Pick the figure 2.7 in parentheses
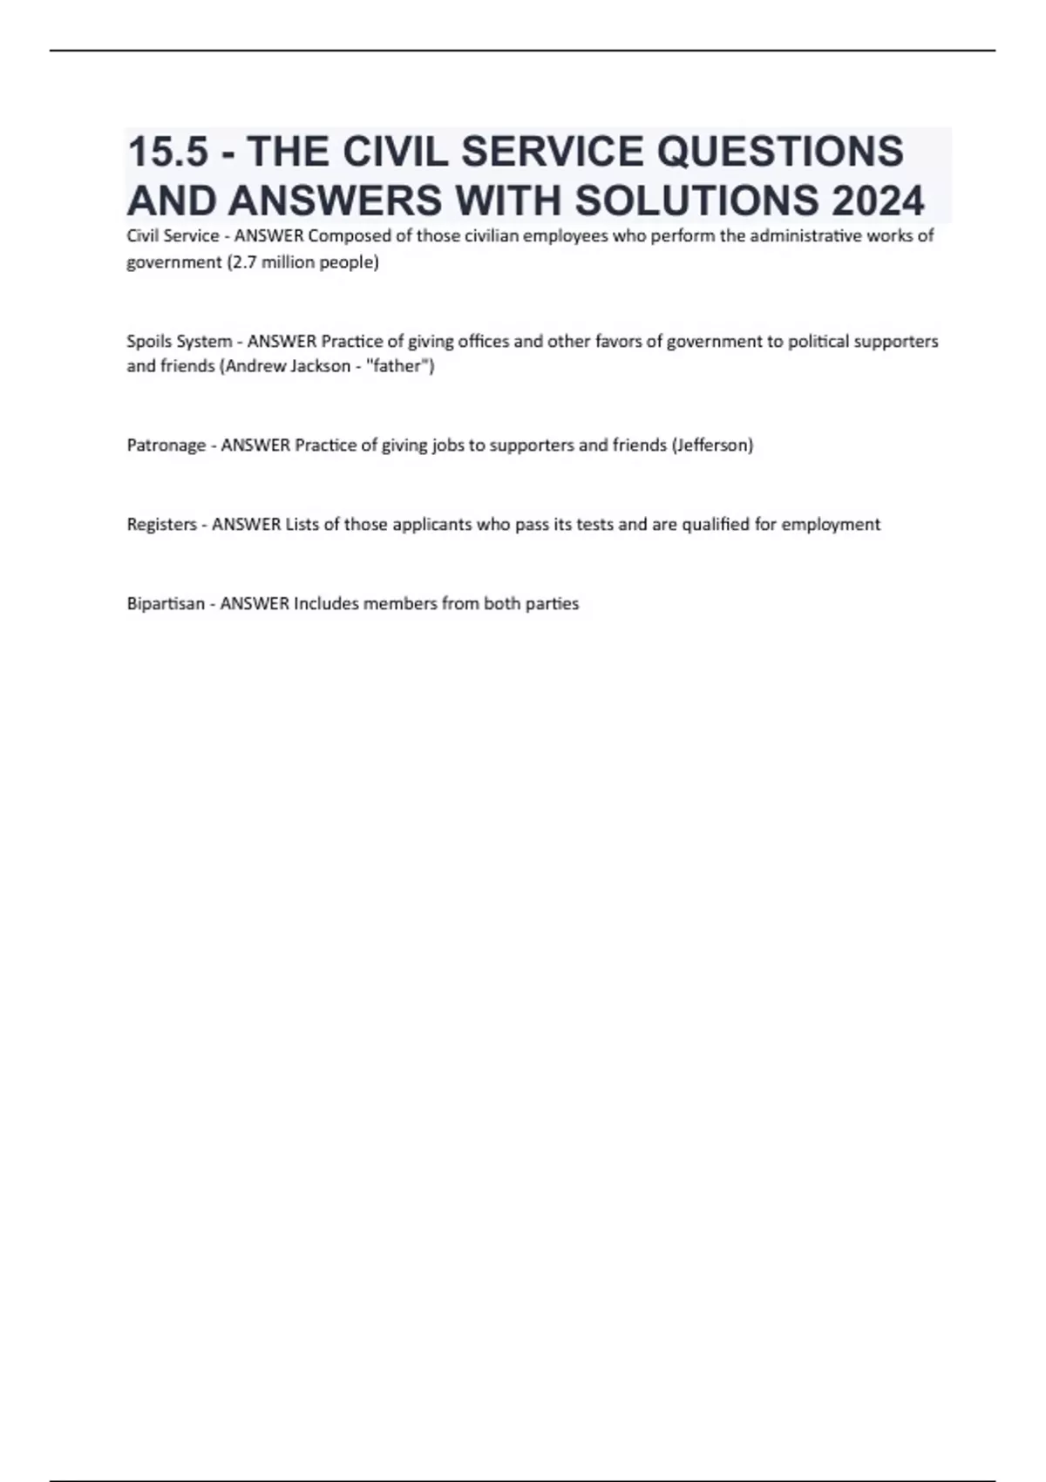tap(243, 262)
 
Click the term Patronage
tap(166, 445)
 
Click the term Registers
tap(161, 525)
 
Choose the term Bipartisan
tap(166, 604)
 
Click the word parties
tap(552, 604)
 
